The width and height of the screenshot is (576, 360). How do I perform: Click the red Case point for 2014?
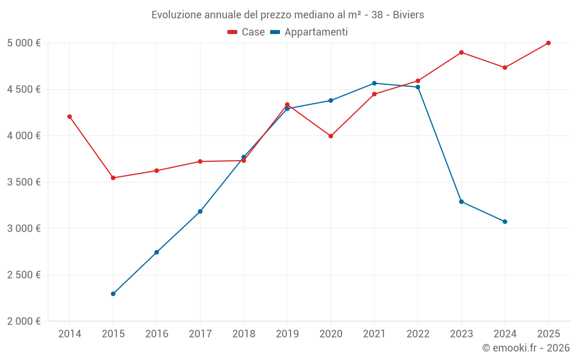[70, 116]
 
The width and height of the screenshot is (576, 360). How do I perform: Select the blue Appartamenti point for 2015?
[113, 294]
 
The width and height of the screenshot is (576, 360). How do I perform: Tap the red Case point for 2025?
[548, 43]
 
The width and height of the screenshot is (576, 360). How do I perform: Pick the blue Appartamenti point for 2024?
[505, 222]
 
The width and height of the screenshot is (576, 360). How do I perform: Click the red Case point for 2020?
[331, 136]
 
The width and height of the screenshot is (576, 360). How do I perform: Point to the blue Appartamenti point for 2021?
[374, 84]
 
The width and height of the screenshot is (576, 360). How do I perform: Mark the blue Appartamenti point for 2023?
[461, 202]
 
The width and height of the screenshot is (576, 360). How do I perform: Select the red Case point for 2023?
[461, 52]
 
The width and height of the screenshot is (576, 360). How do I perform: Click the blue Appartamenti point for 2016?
[157, 252]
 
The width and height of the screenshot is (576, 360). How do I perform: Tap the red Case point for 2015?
[113, 178]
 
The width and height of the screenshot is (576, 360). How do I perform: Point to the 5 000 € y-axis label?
[24, 43]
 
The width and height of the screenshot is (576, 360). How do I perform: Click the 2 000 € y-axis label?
[24, 321]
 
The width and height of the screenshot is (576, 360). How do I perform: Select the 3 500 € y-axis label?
[24, 182]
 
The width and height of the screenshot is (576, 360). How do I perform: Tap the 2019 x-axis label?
[287, 334]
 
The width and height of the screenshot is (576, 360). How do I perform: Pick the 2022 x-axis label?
[418, 334]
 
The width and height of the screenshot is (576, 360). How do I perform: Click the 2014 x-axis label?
[70, 334]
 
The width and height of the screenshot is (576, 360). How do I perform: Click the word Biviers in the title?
[408, 15]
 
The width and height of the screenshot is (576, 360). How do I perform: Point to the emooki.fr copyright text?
[526, 348]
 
